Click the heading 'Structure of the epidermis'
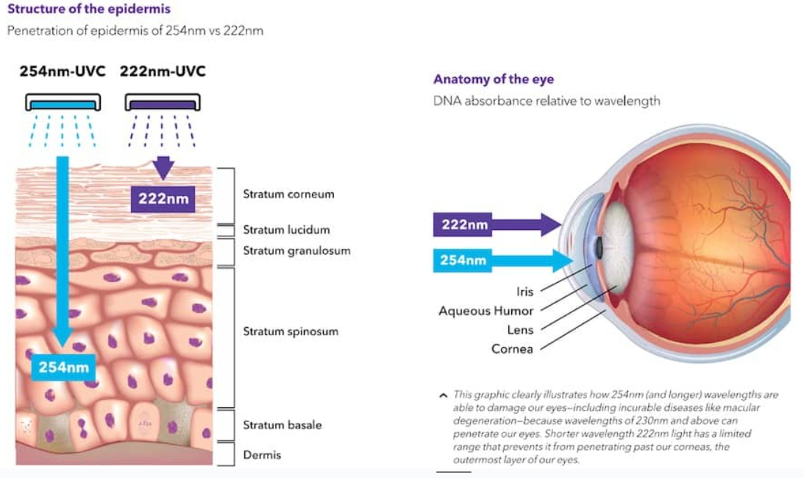click(x=89, y=9)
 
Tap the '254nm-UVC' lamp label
click(x=63, y=71)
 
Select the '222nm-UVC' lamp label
click(x=163, y=71)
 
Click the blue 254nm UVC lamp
click(x=63, y=102)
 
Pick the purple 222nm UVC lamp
click(x=163, y=102)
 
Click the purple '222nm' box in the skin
click(x=163, y=199)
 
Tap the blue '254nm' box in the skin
click(x=63, y=367)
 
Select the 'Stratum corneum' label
click(x=288, y=194)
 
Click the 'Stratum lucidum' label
click(x=286, y=230)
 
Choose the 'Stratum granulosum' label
click(x=297, y=250)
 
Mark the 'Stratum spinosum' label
click(x=291, y=331)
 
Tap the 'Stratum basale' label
click(x=282, y=425)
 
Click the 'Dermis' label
click(x=262, y=455)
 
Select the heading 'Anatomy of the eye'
click(x=494, y=79)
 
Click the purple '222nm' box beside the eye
click(x=463, y=225)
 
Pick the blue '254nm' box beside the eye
click(x=463, y=260)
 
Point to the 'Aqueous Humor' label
click(x=486, y=311)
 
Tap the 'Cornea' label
click(x=512, y=349)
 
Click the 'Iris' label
click(x=525, y=292)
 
